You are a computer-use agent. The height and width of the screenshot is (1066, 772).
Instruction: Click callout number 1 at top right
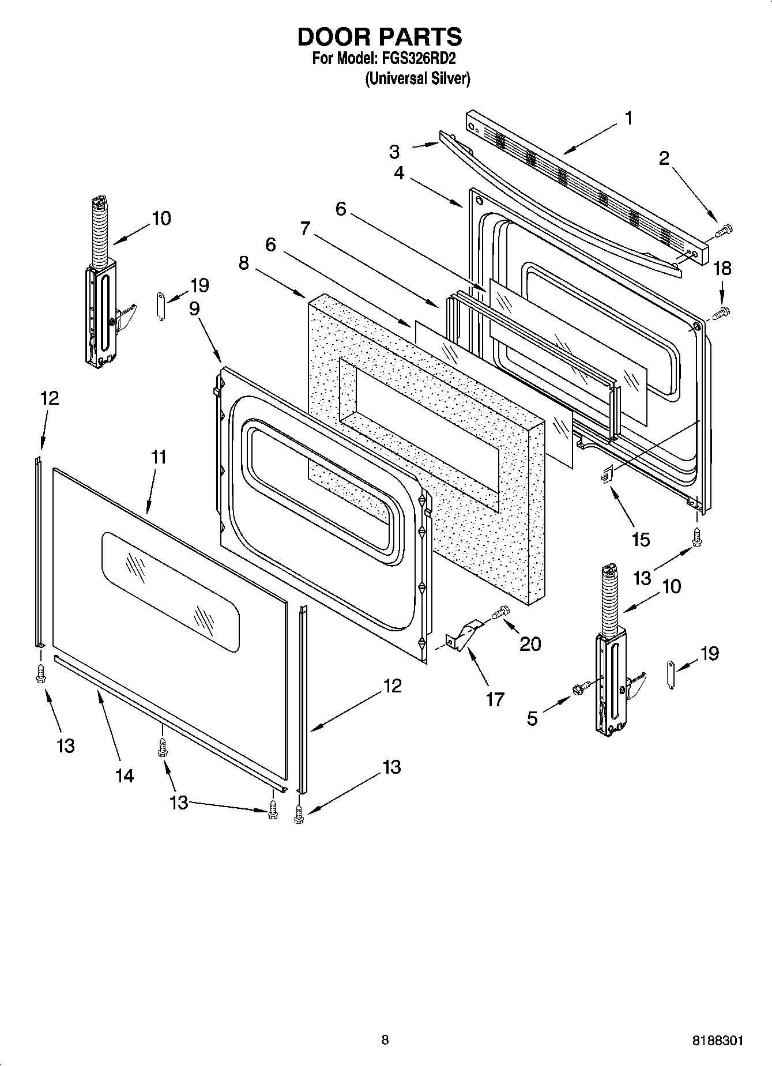(x=628, y=118)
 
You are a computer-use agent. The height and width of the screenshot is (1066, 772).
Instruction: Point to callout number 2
(x=664, y=158)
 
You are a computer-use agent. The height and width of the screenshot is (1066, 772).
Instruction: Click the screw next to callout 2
(x=723, y=231)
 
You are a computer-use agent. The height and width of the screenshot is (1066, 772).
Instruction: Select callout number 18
(x=722, y=268)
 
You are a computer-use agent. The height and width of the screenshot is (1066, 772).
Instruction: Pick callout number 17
(x=495, y=699)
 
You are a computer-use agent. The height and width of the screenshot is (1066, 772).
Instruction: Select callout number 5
(x=532, y=718)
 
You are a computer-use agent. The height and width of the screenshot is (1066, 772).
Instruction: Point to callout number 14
(x=124, y=775)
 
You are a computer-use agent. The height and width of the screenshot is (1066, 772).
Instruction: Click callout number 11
(x=159, y=457)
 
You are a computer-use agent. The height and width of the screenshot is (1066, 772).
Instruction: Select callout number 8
(x=244, y=263)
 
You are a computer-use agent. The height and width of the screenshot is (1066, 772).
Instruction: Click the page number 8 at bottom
(x=385, y=1040)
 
